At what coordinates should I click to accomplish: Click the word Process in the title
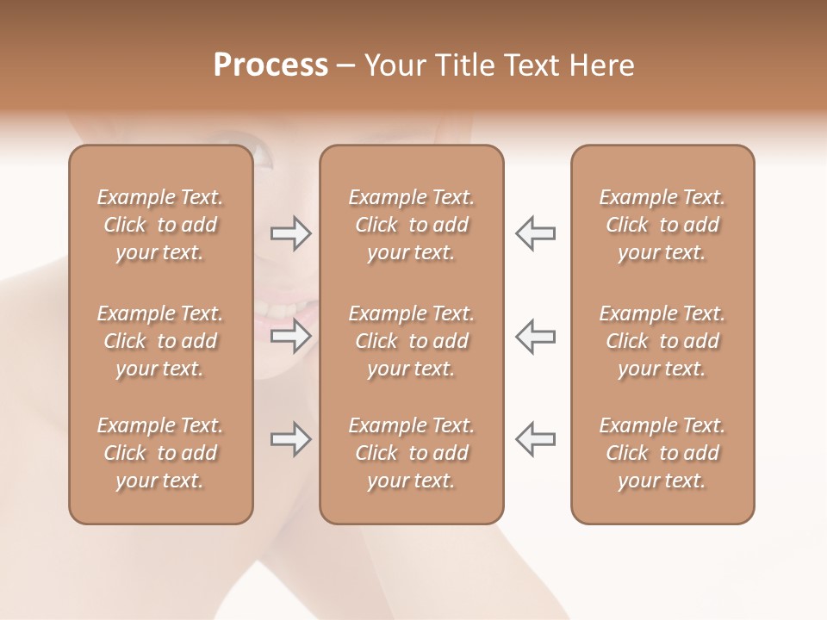(270, 65)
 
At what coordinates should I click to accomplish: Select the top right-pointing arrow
(291, 233)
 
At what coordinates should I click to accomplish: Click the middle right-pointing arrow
(291, 336)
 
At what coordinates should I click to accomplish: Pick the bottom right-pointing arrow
(291, 439)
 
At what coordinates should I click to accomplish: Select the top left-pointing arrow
(535, 233)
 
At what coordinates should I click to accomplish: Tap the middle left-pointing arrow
(535, 336)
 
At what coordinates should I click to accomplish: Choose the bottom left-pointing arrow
(535, 439)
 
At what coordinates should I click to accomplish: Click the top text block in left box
(160, 225)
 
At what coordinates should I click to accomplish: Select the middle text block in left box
(160, 341)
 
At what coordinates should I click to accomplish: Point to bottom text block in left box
(160, 453)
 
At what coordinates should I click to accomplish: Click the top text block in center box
(411, 225)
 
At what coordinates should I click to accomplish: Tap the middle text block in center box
(411, 341)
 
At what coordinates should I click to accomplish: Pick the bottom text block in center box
(411, 453)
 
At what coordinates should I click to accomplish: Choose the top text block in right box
(662, 225)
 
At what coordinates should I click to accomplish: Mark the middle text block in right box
(662, 341)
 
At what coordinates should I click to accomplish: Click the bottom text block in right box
(662, 453)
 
